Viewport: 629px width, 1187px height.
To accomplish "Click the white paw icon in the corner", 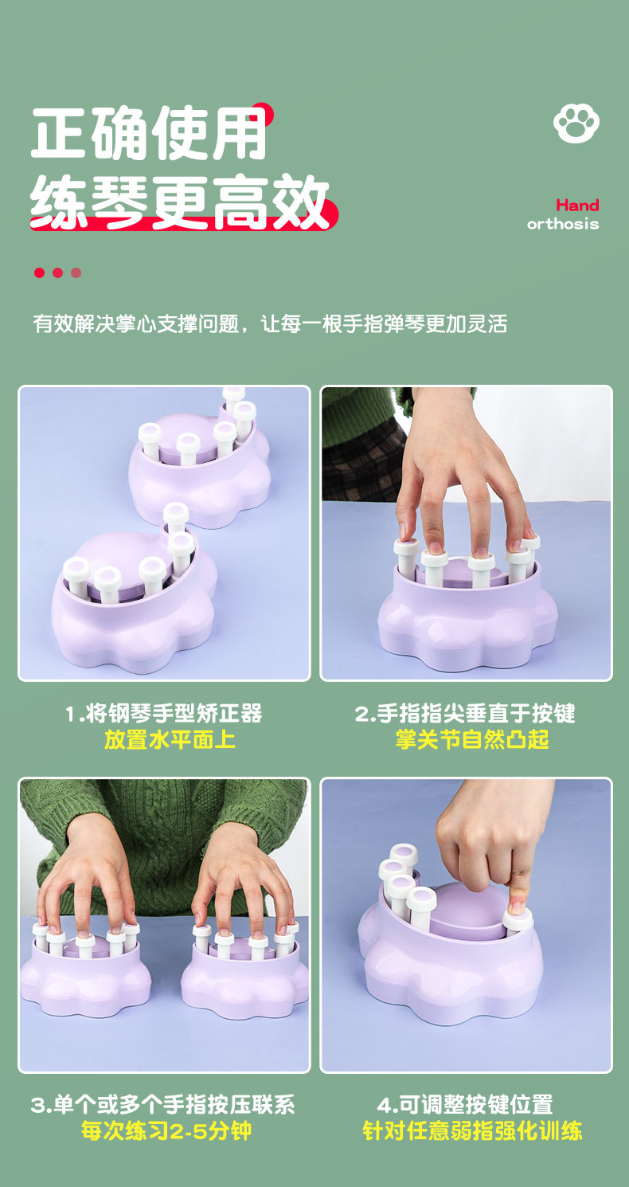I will (576, 123).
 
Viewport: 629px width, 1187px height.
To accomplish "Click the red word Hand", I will (577, 206).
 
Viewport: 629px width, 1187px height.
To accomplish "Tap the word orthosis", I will (562, 224).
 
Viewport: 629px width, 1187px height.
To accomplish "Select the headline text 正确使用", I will (149, 134).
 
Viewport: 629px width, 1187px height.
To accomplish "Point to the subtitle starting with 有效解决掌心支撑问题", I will (270, 324).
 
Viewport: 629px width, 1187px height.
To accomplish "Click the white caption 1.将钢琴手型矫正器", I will (164, 713).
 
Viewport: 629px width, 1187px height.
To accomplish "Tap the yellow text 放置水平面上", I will (170, 739).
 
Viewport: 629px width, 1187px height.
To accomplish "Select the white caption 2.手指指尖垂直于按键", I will (465, 713).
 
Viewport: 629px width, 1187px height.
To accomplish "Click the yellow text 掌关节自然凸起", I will (472, 739).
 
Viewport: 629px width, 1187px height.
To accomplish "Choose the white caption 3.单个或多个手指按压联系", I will (163, 1105).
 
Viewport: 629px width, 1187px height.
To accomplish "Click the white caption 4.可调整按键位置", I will (465, 1105).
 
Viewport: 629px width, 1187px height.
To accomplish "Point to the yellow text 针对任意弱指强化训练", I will (472, 1130).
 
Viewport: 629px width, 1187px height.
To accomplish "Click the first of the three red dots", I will (39, 272).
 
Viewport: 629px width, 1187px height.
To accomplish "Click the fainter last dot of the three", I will (76, 272).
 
